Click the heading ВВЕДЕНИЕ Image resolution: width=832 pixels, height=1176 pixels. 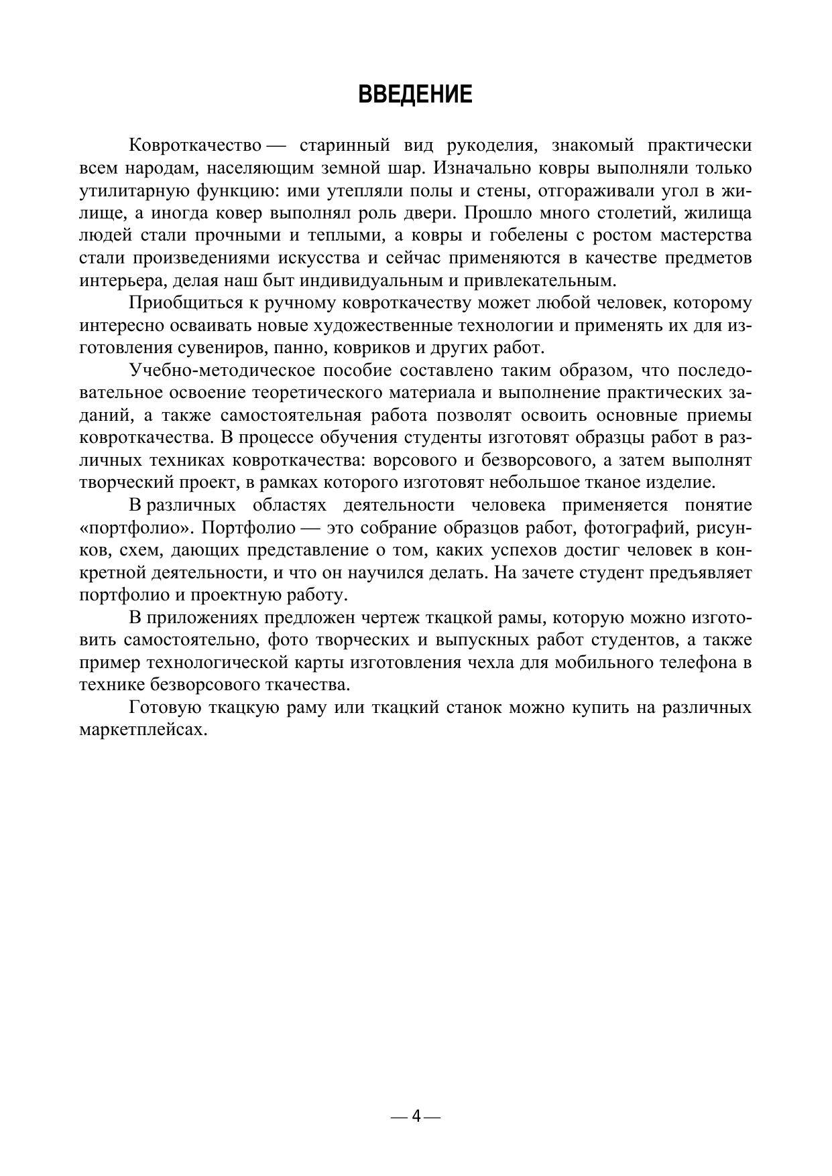(x=416, y=94)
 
